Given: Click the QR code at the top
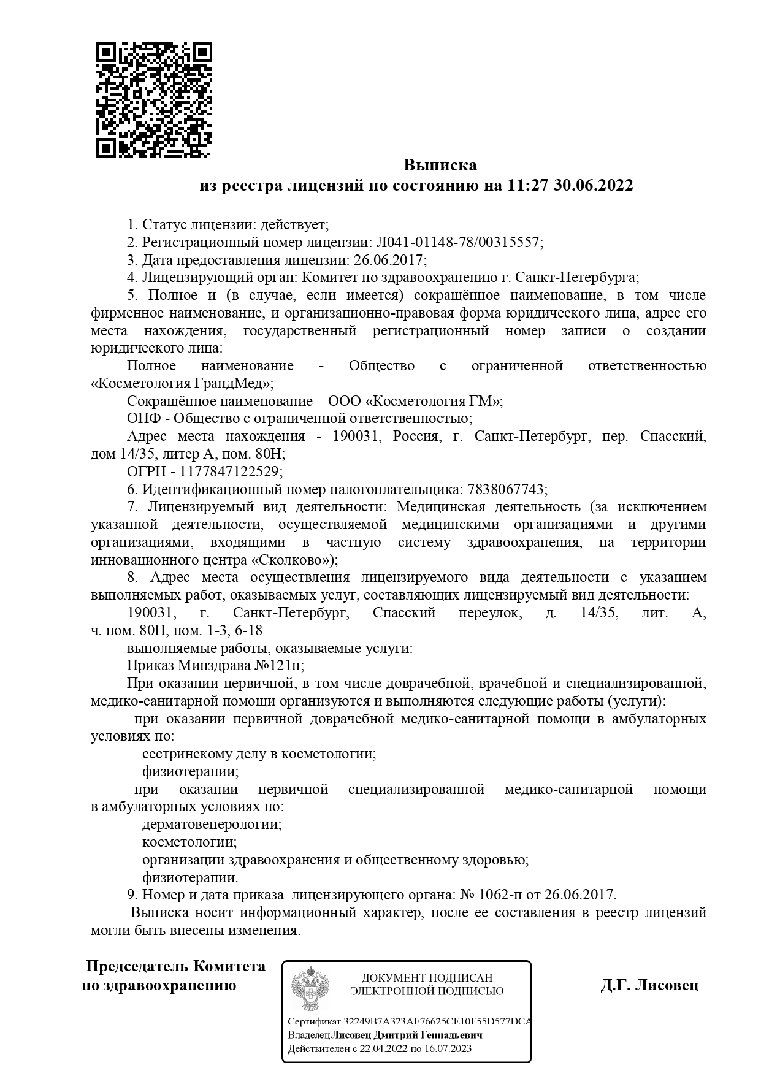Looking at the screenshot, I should point(154,100).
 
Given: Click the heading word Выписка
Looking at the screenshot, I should point(440,165).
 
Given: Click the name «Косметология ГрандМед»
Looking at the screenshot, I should point(181,384).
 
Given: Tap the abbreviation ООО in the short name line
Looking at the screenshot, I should point(345,402).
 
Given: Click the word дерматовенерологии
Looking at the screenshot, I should point(212,824).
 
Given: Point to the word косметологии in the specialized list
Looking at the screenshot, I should point(189,842).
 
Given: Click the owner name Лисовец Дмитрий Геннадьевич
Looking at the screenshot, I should point(407,1035).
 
